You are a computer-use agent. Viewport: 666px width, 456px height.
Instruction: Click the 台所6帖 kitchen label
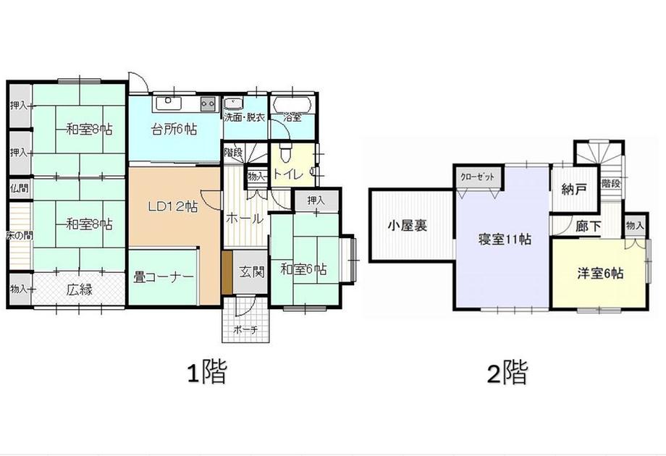pos(174,129)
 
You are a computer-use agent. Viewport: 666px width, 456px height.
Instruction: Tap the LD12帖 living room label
pos(172,207)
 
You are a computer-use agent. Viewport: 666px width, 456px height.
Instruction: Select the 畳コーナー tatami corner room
pos(164,276)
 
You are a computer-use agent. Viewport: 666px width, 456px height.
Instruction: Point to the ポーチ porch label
pos(246,329)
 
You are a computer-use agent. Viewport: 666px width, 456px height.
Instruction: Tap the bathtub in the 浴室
pos(293,104)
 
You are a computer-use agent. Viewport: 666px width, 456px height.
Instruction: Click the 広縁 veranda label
pos(80,290)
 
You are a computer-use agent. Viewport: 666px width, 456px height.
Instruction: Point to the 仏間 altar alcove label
pos(20,187)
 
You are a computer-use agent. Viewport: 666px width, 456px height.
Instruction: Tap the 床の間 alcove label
pos(19,236)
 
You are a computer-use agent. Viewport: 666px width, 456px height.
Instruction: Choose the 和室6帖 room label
pos(304,269)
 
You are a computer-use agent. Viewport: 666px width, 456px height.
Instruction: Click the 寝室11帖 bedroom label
pos(505,240)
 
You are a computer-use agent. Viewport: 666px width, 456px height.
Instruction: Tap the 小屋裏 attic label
pos(408,225)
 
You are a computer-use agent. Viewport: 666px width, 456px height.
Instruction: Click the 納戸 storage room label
pos(575,189)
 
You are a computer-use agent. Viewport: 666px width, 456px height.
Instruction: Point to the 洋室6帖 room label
pos(599,273)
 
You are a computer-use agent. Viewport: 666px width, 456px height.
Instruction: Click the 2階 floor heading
pos(507,372)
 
